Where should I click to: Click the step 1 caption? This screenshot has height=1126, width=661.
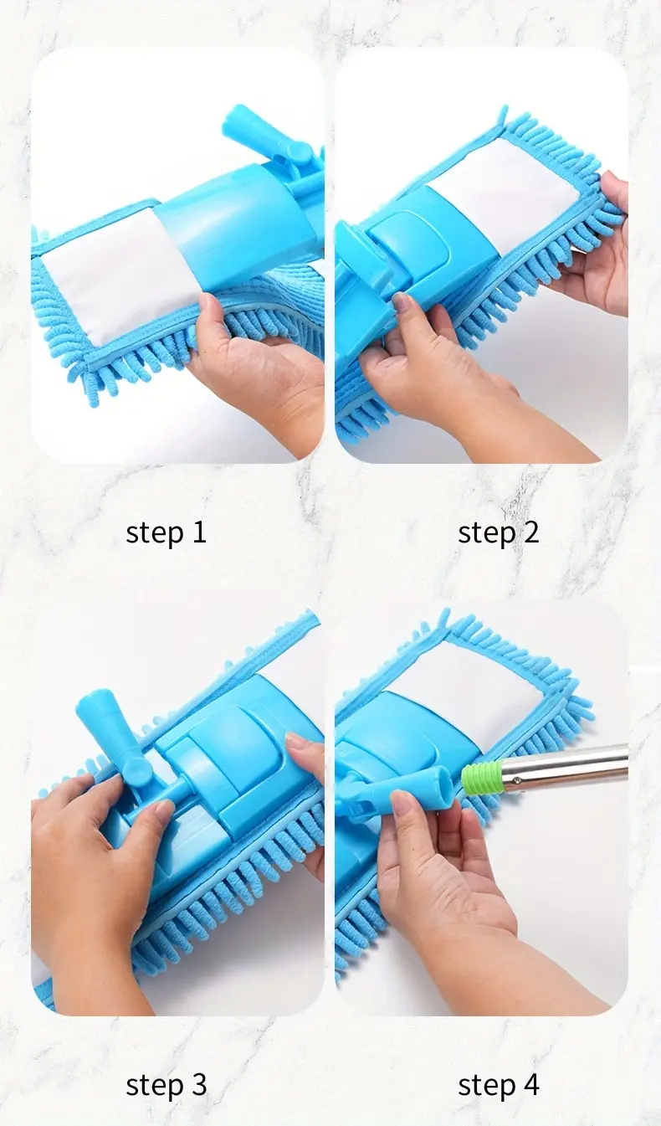pos(166,532)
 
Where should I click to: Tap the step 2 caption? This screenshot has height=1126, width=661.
pos(498,532)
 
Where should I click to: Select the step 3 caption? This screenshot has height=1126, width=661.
pos(166,1085)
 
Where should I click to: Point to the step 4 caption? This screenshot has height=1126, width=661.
pos(498,1085)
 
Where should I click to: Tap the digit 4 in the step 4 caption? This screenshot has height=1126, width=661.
pos(530,1085)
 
